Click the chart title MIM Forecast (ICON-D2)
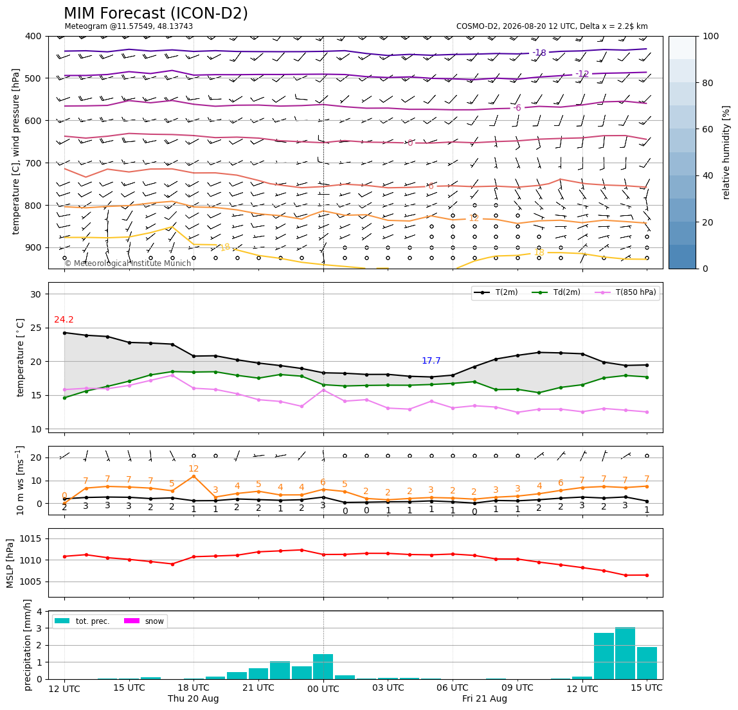(x=156, y=13)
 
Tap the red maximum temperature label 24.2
(x=64, y=319)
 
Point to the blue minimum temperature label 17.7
(x=431, y=361)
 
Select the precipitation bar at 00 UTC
(x=323, y=667)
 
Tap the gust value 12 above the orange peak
(x=194, y=468)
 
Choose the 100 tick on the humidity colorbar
(x=711, y=36)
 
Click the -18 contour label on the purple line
(x=539, y=53)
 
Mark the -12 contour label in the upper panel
(x=582, y=73)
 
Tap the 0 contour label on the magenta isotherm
(x=410, y=143)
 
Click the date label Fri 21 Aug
(x=485, y=698)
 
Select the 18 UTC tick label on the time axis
(x=194, y=688)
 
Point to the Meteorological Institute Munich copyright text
(x=128, y=263)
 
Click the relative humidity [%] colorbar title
(x=726, y=152)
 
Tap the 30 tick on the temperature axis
(x=36, y=294)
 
